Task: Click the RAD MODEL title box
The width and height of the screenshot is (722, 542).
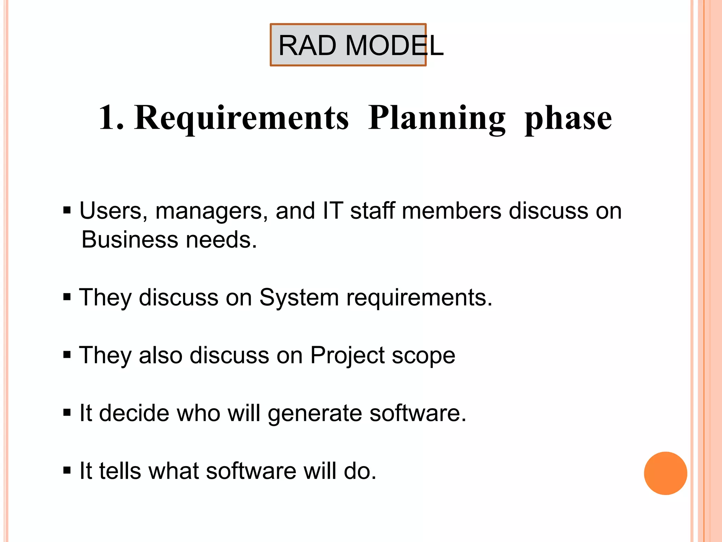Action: (x=348, y=45)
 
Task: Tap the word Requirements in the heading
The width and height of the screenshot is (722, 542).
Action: (x=241, y=118)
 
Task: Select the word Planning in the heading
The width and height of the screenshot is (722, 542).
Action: (x=437, y=118)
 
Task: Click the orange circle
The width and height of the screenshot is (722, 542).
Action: (x=665, y=473)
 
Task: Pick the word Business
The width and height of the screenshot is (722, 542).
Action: (x=129, y=240)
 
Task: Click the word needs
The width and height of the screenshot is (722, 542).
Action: (x=221, y=240)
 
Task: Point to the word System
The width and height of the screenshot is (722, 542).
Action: (x=299, y=297)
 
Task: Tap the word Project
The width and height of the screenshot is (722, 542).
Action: (x=347, y=356)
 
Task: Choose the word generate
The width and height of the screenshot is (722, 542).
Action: (x=314, y=414)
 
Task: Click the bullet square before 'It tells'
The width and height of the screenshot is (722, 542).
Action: (x=67, y=470)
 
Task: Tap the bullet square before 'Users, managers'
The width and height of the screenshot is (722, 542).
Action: (x=67, y=211)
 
